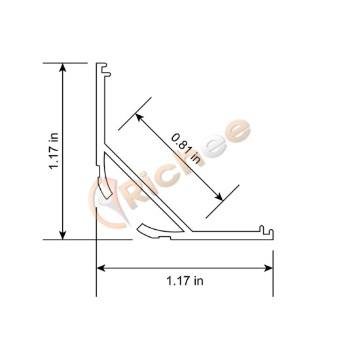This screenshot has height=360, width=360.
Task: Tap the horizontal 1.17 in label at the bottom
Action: click(x=185, y=281)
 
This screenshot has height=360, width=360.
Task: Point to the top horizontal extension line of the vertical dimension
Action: click(x=65, y=63)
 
